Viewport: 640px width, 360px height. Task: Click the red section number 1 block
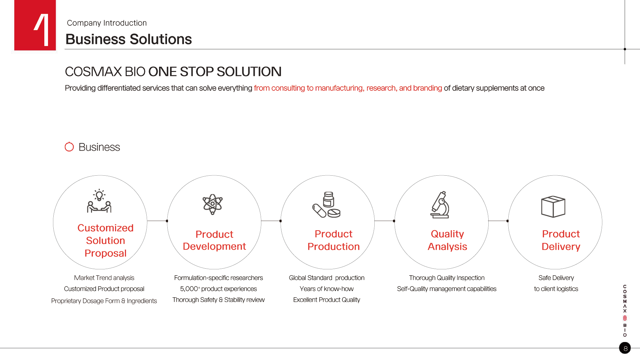tap(35, 25)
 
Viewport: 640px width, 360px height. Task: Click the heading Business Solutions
tap(129, 39)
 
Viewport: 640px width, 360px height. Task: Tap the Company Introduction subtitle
tap(107, 23)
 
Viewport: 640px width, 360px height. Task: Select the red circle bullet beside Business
tap(69, 147)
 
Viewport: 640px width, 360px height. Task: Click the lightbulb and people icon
tap(99, 201)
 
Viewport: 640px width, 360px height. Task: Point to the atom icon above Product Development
tap(213, 204)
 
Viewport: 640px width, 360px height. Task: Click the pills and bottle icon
tap(326, 205)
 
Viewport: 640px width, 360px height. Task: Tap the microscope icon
tap(440, 205)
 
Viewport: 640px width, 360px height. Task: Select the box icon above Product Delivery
tap(553, 207)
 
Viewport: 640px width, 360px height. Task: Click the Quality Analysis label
tap(447, 240)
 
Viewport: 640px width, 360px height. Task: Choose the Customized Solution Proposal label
tap(105, 240)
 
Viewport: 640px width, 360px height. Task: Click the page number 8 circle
tap(625, 348)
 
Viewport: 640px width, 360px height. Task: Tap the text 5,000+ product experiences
tap(218, 289)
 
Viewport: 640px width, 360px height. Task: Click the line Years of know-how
tap(327, 289)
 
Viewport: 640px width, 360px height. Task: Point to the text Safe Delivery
tap(556, 278)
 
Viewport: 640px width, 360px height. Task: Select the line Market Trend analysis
tap(104, 278)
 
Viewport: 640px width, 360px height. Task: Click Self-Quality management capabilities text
tap(447, 289)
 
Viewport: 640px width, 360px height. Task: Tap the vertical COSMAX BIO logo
tap(625, 311)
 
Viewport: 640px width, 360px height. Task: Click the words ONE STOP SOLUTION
tap(215, 72)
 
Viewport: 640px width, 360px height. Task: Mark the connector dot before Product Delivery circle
tap(508, 221)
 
